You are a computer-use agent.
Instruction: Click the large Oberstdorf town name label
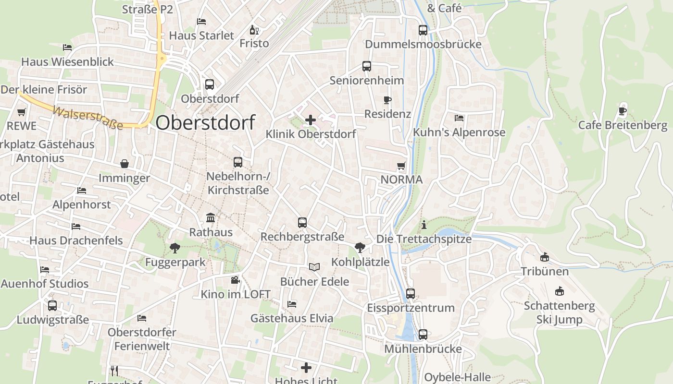point(205,122)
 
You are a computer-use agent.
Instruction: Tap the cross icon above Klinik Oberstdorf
point(311,120)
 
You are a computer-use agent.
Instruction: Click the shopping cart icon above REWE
point(21,112)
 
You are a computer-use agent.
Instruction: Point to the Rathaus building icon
point(211,218)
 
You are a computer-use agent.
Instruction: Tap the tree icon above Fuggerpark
point(174,248)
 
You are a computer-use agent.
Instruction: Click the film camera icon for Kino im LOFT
point(235,280)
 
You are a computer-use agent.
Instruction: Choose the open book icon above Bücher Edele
point(314,267)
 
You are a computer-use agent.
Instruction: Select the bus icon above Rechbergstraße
point(302,223)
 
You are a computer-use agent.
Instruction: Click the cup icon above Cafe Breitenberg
point(623,111)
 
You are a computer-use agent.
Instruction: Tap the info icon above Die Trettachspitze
point(424,224)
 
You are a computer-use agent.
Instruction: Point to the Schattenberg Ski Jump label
point(559,312)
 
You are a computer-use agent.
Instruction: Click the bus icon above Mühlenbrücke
point(423,335)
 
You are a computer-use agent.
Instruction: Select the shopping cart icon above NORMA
point(401,166)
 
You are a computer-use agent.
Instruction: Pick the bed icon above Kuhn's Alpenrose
point(459,118)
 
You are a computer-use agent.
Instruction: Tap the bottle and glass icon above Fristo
point(254,30)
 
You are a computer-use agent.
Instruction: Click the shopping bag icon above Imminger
point(125,164)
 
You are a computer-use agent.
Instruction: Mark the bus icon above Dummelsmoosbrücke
point(423,30)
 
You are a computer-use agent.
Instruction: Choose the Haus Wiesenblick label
point(67,62)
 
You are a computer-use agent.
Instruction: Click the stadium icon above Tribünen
point(545,257)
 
